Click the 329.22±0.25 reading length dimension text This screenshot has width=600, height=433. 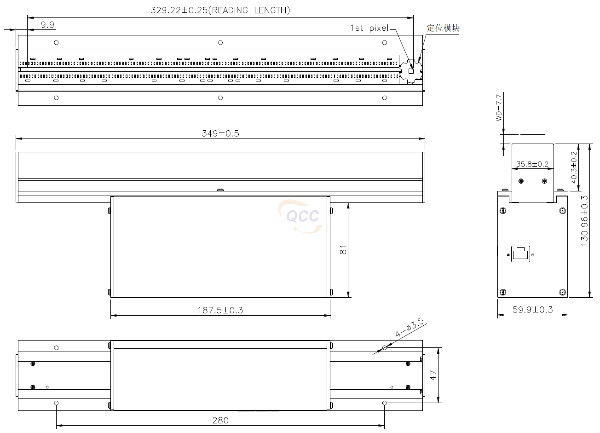(x=220, y=10)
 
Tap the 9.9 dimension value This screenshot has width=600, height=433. (x=47, y=25)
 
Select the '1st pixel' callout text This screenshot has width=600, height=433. (x=369, y=28)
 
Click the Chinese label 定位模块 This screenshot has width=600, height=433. (x=443, y=28)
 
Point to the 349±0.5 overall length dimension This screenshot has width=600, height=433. (x=220, y=133)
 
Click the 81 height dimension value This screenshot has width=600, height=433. (x=343, y=250)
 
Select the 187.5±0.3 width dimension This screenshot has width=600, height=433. (x=220, y=310)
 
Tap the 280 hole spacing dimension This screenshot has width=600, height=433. (x=220, y=420)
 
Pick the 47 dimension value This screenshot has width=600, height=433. (x=433, y=375)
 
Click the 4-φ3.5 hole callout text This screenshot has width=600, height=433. (x=409, y=328)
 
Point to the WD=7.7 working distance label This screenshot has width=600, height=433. (x=499, y=107)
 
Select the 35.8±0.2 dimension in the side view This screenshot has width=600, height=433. (x=532, y=164)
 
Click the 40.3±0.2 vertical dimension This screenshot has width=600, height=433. (x=574, y=167)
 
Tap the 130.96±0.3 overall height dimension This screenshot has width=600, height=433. (x=584, y=221)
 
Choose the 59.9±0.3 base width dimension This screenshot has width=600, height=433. (x=532, y=310)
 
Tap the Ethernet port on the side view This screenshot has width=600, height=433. (x=520, y=254)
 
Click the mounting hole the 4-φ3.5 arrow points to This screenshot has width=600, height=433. (x=385, y=347)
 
